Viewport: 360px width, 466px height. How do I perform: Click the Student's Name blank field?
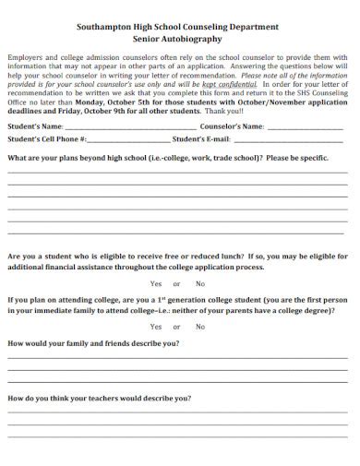[x=130, y=126]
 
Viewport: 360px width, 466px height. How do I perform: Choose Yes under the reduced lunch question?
[x=156, y=283]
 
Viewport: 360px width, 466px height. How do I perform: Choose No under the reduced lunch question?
[x=200, y=283]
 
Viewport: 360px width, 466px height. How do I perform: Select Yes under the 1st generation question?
[x=156, y=327]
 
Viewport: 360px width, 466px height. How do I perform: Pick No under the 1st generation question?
[x=200, y=327]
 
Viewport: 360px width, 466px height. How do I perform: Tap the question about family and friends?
[x=93, y=343]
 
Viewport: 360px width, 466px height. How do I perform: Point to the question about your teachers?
[x=100, y=398]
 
